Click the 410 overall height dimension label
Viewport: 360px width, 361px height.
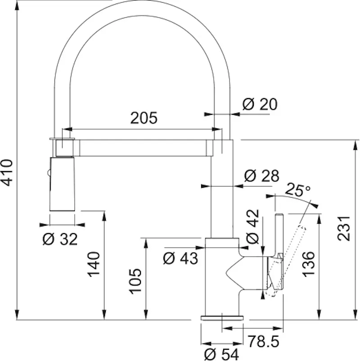click(6, 172)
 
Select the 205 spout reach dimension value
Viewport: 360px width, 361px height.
click(144, 118)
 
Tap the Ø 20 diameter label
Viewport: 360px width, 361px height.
click(260, 104)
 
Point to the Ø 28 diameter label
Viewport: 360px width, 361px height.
click(261, 176)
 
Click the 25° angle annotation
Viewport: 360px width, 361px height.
click(297, 189)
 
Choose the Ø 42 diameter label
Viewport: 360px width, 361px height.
click(252, 226)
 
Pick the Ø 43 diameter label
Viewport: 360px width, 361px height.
click(180, 258)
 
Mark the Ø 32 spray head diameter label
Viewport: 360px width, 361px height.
click(60, 239)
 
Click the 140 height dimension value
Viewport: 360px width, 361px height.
click(94, 264)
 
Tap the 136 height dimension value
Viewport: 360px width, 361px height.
click(308, 264)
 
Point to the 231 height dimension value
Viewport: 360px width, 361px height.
click(344, 228)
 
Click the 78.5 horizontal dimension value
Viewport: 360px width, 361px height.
click(263, 341)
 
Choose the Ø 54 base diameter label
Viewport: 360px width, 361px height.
click(222, 354)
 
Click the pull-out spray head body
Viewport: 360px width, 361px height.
click(62, 184)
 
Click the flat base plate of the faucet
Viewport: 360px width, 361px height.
click(222, 318)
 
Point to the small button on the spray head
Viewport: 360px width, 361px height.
click(48, 173)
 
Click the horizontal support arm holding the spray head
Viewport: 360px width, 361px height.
click(143, 148)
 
